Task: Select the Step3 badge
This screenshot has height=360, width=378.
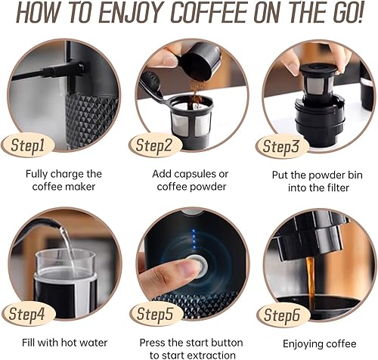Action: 282,146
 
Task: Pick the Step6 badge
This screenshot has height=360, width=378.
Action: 283,315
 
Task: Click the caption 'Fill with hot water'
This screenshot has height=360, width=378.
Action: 64,343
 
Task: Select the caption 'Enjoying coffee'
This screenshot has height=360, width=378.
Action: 320,344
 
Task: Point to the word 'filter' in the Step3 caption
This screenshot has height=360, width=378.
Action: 337,188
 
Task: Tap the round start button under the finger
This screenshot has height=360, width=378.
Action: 199,266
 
